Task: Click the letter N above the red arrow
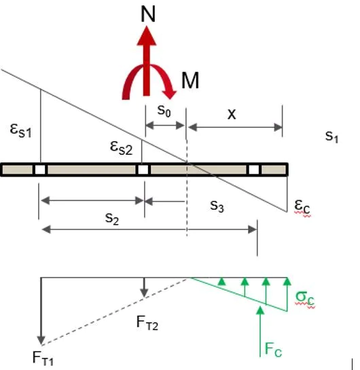[148, 14]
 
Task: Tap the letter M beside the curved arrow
[190, 80]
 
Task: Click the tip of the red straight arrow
[147, 26]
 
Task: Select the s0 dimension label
[164, 111]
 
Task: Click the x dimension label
[232, 114]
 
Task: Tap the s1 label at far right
[331, 136]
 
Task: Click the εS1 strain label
[20, 130]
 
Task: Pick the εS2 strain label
[122, 148]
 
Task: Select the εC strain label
[302, 206]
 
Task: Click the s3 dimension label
[217, 206]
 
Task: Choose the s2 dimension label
[112, 219]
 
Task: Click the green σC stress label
[305, 299]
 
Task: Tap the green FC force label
[273, 349]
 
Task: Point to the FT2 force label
[147, 322]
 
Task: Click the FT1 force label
[43, 358]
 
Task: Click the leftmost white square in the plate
[40, 170]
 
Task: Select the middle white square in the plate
[143, 170]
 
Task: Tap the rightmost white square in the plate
[254, 170]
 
